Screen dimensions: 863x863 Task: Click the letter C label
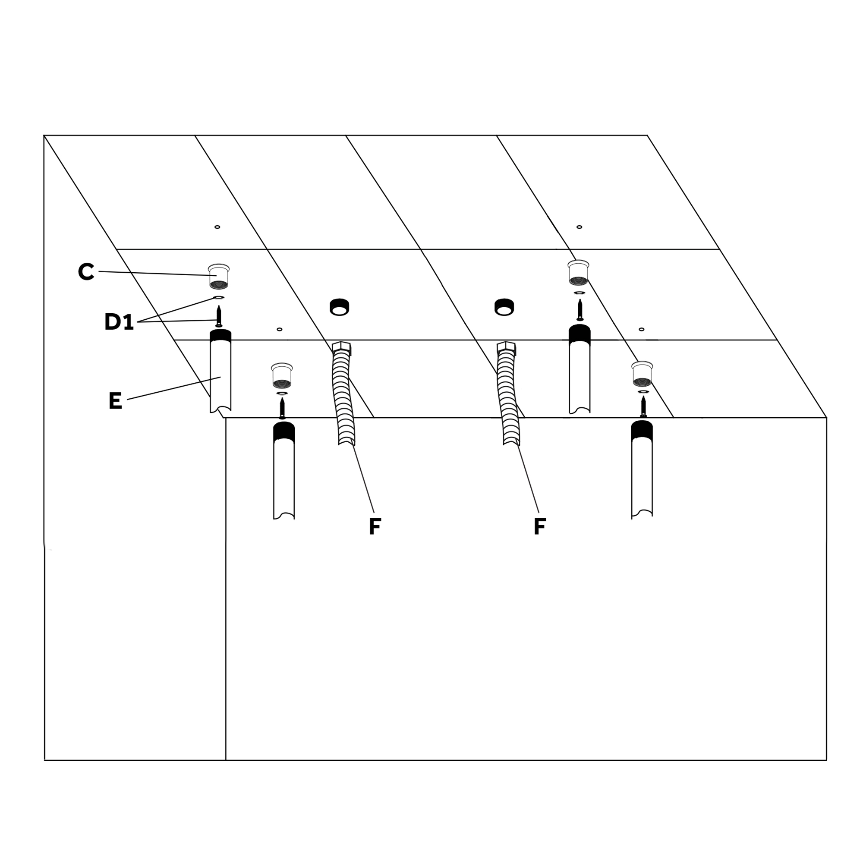(x=86, y=271)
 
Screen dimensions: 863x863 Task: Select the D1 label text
(x=119, y=321)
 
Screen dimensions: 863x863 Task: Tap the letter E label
(x=115, y=401)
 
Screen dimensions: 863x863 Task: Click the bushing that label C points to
(x=219, y=277)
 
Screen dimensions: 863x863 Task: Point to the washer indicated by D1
(x=219, y=297)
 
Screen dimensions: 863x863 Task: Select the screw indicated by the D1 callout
(x=219, y=316)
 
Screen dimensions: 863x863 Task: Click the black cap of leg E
(x=220, y=336)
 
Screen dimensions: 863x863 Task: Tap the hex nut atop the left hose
(x=342, y=348)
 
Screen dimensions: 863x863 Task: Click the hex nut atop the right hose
(x=507, y=348)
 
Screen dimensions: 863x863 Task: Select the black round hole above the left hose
(x=340, y=307)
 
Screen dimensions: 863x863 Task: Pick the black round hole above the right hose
(x=504, y=307)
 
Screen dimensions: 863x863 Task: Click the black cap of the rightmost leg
(x=642, y=431)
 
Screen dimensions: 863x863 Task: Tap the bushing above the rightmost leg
(x=643, y=374)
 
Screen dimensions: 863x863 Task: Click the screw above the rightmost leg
(x=643, y=406)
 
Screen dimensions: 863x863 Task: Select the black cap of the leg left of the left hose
(x=284, y=432)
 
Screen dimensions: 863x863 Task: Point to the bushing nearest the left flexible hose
(x=282, y=376)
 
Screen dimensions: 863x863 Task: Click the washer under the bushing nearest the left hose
(x=282, y=393)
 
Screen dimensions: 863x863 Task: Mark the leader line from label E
(x=174, y=388)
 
